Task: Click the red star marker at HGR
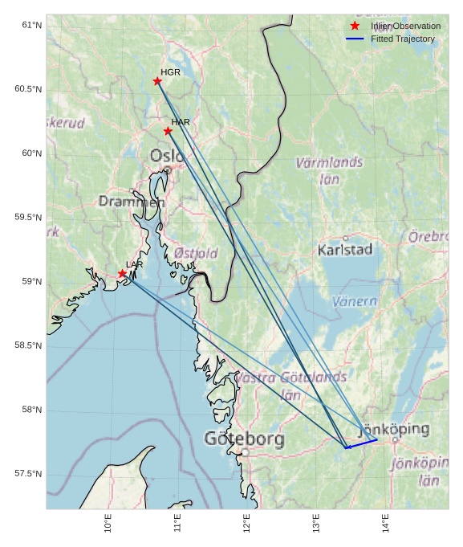[x=157, y=81]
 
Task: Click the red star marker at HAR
[x=168, y=131]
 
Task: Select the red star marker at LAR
[x=123, y=274]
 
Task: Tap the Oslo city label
[x=167, y=155]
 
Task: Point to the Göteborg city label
[x=244, y=439]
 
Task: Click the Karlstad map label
[x=345, y=250]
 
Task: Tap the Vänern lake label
[x=354, y=301]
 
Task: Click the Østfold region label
[x=196, y=253]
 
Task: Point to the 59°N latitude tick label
[x=31, y=281]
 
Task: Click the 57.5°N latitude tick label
[x=28, y=474]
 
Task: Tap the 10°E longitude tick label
[x=108, y=524]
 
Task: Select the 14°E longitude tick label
[x=385, y=524]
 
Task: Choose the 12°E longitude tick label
[x=246, y=524]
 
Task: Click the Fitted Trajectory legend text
[x=402, y=39]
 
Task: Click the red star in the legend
[x=355, y=26]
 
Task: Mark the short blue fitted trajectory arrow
[x=361, y=443]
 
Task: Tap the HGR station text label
[x=170, y=72]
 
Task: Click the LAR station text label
[x=134, y=264]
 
